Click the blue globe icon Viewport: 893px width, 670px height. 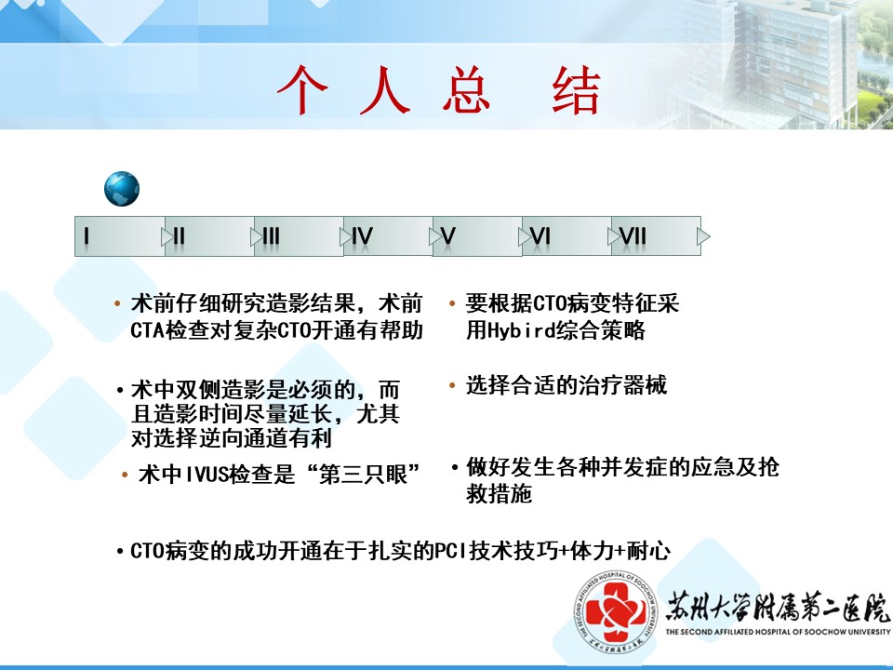coord(122,189)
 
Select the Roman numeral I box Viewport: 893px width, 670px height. coord(120,235)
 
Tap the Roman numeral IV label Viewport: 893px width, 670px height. coord(362,235)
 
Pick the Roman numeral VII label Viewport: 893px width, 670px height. coord(633,235)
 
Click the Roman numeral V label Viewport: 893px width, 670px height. coord(448,235)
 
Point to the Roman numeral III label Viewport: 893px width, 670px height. coord(271,235)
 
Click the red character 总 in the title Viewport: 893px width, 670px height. coord(466,90)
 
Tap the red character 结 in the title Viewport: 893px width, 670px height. coord(576,90)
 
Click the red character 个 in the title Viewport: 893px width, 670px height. coord(302,90)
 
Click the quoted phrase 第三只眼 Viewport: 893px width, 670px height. coord(364,475)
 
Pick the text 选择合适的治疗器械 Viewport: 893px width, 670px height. coord(566,385)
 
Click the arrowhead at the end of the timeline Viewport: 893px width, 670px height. coord(704,235)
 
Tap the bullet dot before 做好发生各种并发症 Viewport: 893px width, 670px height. coord(455,468)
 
